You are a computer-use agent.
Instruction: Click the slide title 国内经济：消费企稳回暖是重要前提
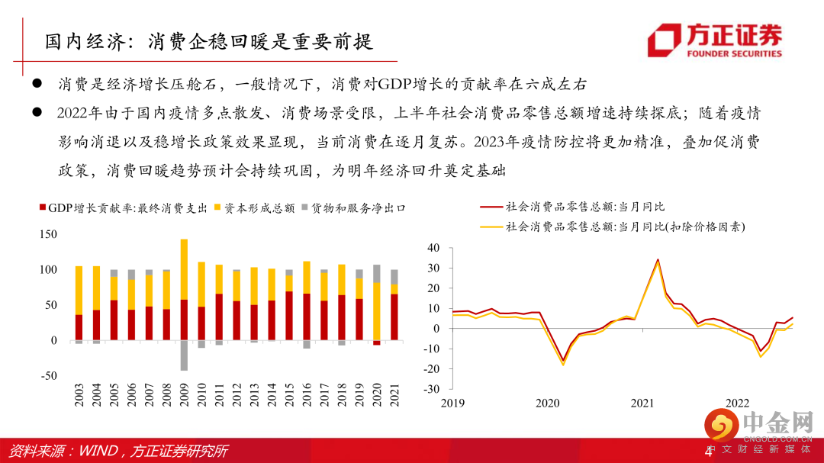click(208, 40)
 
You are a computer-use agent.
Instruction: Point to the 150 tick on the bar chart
click(47, 235)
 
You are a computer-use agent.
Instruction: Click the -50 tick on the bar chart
click(47, 375)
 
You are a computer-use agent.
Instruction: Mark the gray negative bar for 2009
click(184, 355)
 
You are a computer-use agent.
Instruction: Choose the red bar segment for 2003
click(79, 327)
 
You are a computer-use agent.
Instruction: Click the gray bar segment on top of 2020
click(376, 274)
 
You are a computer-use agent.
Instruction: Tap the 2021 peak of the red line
click(658, 259)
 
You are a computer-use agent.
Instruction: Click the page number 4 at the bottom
click(707, 452)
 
